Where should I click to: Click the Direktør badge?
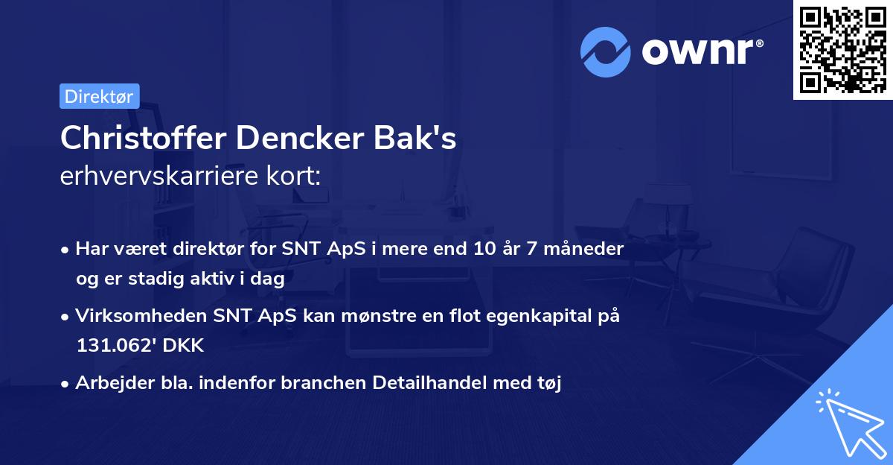(99, 96)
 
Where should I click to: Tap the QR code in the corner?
(842, 49)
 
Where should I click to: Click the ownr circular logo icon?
(606, 52)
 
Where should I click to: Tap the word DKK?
(182, 346)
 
